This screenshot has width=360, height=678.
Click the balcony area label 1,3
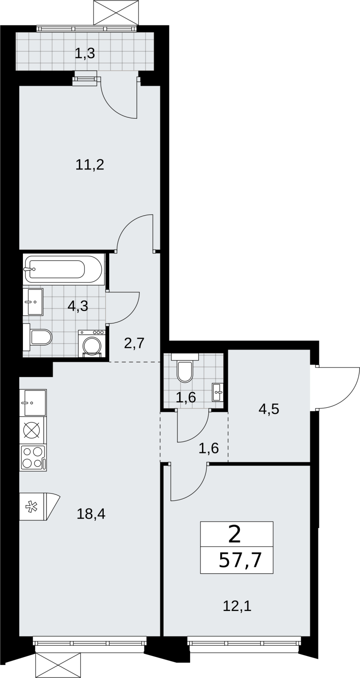[x=85, y=53]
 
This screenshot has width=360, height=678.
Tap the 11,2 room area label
[x=90, y=165]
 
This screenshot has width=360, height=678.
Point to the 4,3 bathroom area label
[x=78, y=306]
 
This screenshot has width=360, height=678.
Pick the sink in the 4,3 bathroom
[x=33, y=302]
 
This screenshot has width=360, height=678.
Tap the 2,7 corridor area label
[x=134, y=344]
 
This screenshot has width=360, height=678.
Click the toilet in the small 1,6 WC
[x=185, y=367]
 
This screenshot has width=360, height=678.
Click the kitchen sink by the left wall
[x=33, y=403]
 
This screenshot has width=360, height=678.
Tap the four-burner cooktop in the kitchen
[x=33, y=458]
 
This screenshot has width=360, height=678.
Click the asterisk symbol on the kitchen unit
[x=30, y=507]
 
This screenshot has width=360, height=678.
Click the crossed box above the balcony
[x=116, y=13]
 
